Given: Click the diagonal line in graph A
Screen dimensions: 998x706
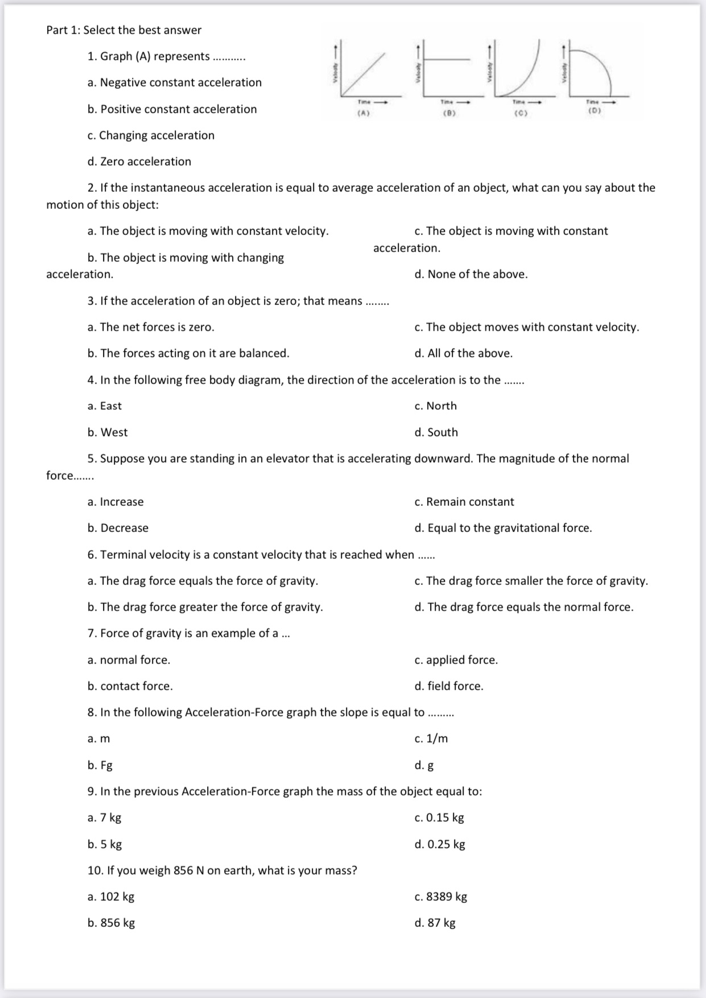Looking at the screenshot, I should (x=364, y=74).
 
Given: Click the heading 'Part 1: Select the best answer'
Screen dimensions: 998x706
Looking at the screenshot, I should (x=124, y=30).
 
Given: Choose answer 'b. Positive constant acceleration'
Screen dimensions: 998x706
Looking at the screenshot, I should (x=172, y=109).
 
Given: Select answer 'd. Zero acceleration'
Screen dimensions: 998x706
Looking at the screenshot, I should (x=139, y=162).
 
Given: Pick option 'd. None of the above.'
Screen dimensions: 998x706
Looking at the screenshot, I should (x=471, y=274).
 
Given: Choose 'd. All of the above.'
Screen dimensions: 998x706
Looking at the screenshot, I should (x=464, y=353).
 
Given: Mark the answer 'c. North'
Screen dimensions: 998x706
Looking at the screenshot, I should (x=436, y=406).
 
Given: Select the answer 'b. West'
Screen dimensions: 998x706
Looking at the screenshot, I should (x=108, y=432).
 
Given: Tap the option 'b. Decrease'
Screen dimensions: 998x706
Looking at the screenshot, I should (x=118, y=528).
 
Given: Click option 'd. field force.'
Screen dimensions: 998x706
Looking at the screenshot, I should (x=449, y=686).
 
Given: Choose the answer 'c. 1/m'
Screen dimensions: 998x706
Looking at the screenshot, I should (x=431, y=739).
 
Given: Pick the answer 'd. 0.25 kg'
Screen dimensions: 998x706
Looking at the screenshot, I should (x=440, y=844).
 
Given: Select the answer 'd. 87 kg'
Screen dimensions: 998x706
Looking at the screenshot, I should (x=435, y=923).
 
